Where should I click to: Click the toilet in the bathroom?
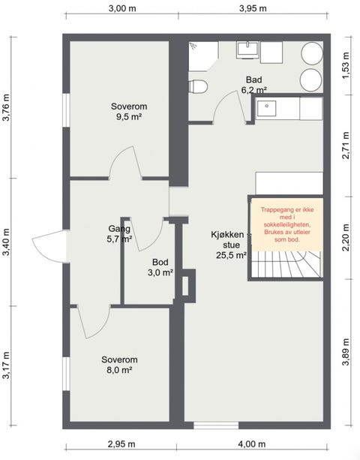198,86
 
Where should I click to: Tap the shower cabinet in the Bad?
203,56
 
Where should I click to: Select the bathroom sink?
248,50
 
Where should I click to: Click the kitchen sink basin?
266,108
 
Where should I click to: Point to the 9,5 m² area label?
129,117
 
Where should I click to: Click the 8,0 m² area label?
119,370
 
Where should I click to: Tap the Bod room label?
160,262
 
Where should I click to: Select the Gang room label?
119,229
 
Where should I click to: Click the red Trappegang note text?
287,224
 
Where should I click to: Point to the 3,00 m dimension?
122,8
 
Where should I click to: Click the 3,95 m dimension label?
253,8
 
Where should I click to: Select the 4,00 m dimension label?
252,444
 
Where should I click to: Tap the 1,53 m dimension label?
346,65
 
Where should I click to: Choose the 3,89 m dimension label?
346,352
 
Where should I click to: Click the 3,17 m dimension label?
6,365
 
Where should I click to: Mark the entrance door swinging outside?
50,246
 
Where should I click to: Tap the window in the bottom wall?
216,425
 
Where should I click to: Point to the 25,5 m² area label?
231,255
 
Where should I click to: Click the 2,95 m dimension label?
121,444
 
